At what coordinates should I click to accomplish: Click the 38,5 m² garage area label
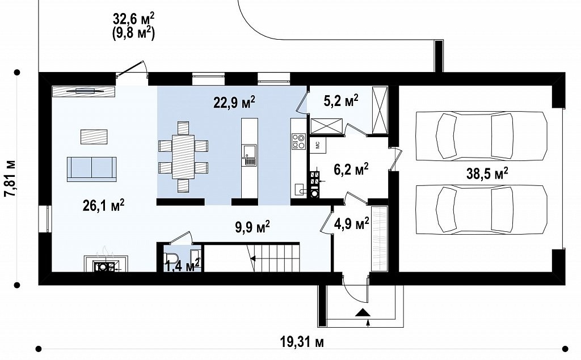click(487, 173)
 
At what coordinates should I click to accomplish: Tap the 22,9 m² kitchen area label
click(234, 101)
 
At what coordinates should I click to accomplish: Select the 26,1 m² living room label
click(103, 205)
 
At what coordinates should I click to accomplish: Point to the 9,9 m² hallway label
click(252, 227)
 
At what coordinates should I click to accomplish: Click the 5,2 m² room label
click(341, 101)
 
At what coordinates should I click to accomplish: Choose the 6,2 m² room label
click(351, 170)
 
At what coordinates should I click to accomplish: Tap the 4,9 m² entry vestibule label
click(352, 223)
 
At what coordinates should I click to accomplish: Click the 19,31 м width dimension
click(302, 342)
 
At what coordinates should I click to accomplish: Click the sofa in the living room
click(91, 169)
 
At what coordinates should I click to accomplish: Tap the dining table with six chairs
click(183, 156)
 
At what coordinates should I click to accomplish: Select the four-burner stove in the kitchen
click(298, 141)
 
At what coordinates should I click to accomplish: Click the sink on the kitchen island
click(249, 155)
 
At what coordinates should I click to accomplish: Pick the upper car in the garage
click(481, 136)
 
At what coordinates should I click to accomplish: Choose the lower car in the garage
click(481, 209)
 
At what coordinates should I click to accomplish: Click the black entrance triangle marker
click(363, 312)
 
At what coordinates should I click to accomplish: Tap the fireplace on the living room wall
click(106, 263)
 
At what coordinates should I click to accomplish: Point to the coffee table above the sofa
click(94, 136)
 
